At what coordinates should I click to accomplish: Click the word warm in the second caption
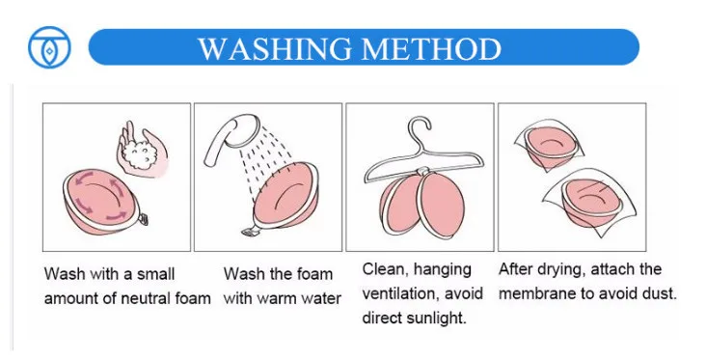pyautogui.click(x=282, y=298)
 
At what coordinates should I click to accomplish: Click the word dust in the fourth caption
pyautogui.click(x=659, y=292)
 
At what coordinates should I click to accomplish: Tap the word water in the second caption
pyautogui.click(x=322, y=298)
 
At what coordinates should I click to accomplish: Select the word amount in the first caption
pyautogui.click(x=73, y=298)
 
